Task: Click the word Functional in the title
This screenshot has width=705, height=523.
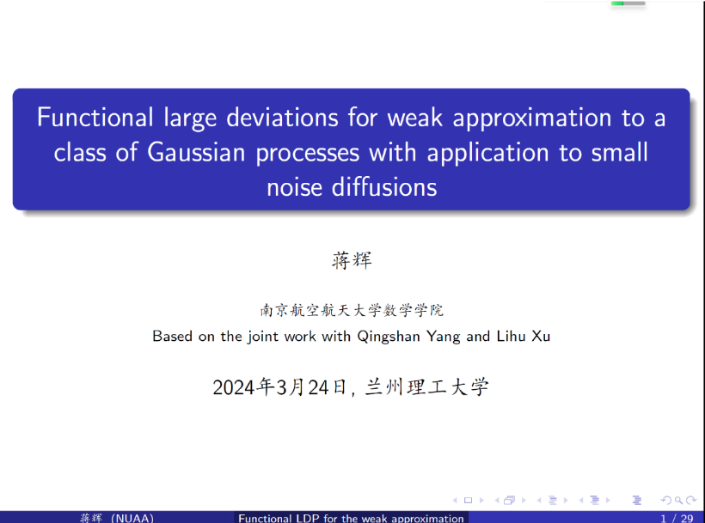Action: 95,118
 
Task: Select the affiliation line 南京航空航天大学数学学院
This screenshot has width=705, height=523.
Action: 351,311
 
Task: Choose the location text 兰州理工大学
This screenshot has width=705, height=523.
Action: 426,387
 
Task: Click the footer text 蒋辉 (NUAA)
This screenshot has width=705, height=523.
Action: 117,518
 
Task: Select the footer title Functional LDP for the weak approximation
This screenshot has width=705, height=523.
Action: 351,518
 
